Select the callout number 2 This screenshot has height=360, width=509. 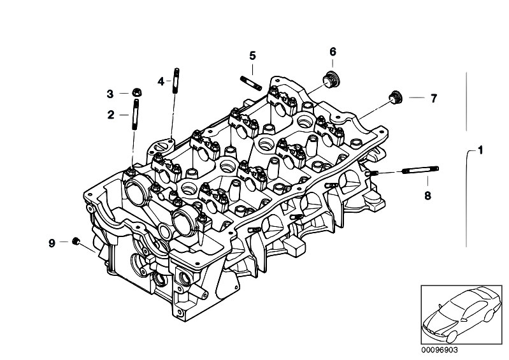coord(111,115)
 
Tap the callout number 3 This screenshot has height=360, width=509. coord(110,94)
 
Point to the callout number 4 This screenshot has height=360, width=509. coord(161,81)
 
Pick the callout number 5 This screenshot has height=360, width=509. coord(252,55)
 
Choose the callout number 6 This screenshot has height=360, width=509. coord(333,52)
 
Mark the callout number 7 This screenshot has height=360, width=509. coord(433,98)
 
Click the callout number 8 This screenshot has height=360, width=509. coord(427,195)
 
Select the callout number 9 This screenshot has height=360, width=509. coord(52,241)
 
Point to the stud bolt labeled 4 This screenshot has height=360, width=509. coord(173,80)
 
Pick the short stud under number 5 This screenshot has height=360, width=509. coord(249,82)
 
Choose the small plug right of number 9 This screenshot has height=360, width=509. coord(76,241)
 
